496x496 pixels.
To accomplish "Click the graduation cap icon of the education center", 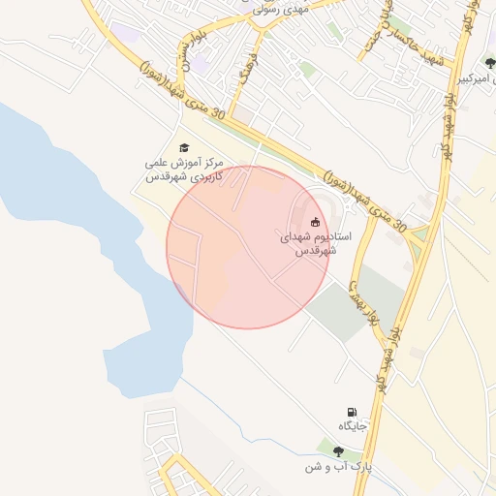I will (x=183, y=147).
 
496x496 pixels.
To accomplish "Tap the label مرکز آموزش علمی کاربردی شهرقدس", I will (x=184, y=170).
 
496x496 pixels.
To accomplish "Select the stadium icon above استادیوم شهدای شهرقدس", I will (x=315, y=222).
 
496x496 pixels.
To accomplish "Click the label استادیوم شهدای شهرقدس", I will (x=316, y=243).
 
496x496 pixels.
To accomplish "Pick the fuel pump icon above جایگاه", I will (x=350, y=413).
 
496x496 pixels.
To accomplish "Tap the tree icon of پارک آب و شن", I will (x=337, y=451).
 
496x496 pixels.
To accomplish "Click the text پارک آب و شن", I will (x=338, y=467).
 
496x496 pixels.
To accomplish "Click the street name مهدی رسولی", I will (x=279, y=10).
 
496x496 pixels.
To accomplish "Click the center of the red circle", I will (x=248, y=247).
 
